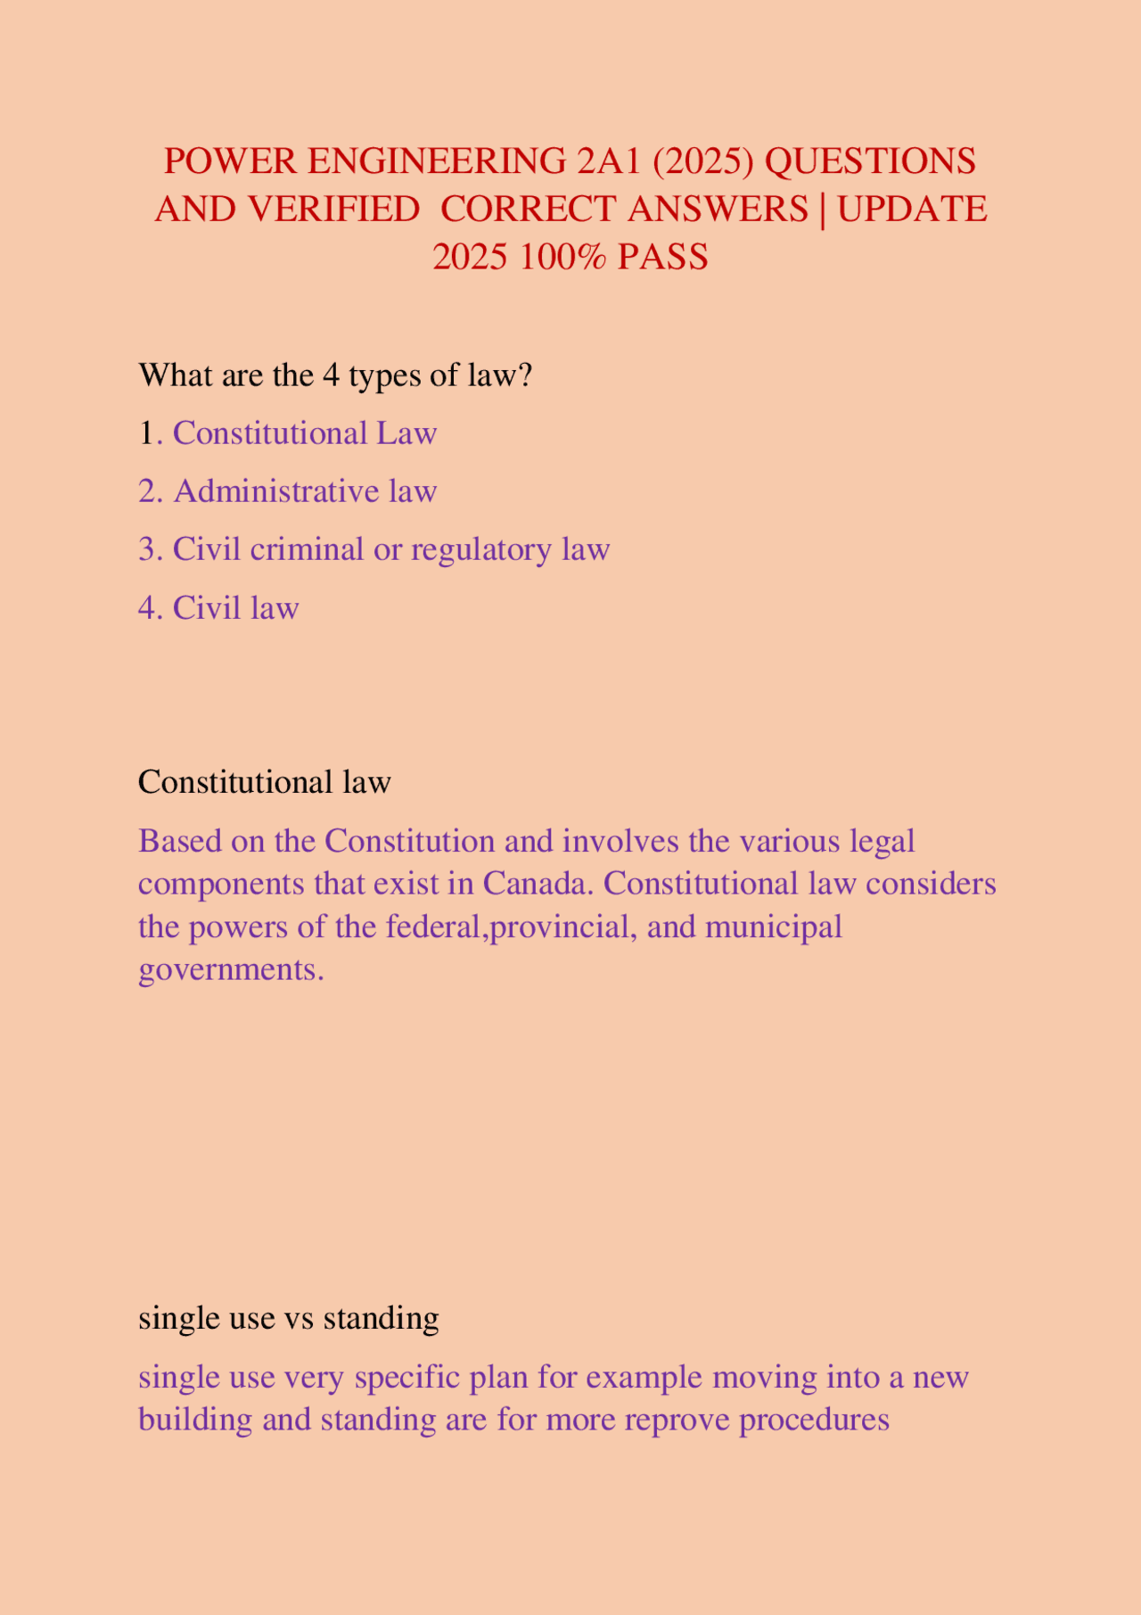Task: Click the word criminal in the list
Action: pos(307,549)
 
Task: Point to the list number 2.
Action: pos(150,491)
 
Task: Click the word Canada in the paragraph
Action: pos(538,884)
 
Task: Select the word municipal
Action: pos(774,927)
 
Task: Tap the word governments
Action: pos(231,969)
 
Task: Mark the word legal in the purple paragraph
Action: pos(882,841)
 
